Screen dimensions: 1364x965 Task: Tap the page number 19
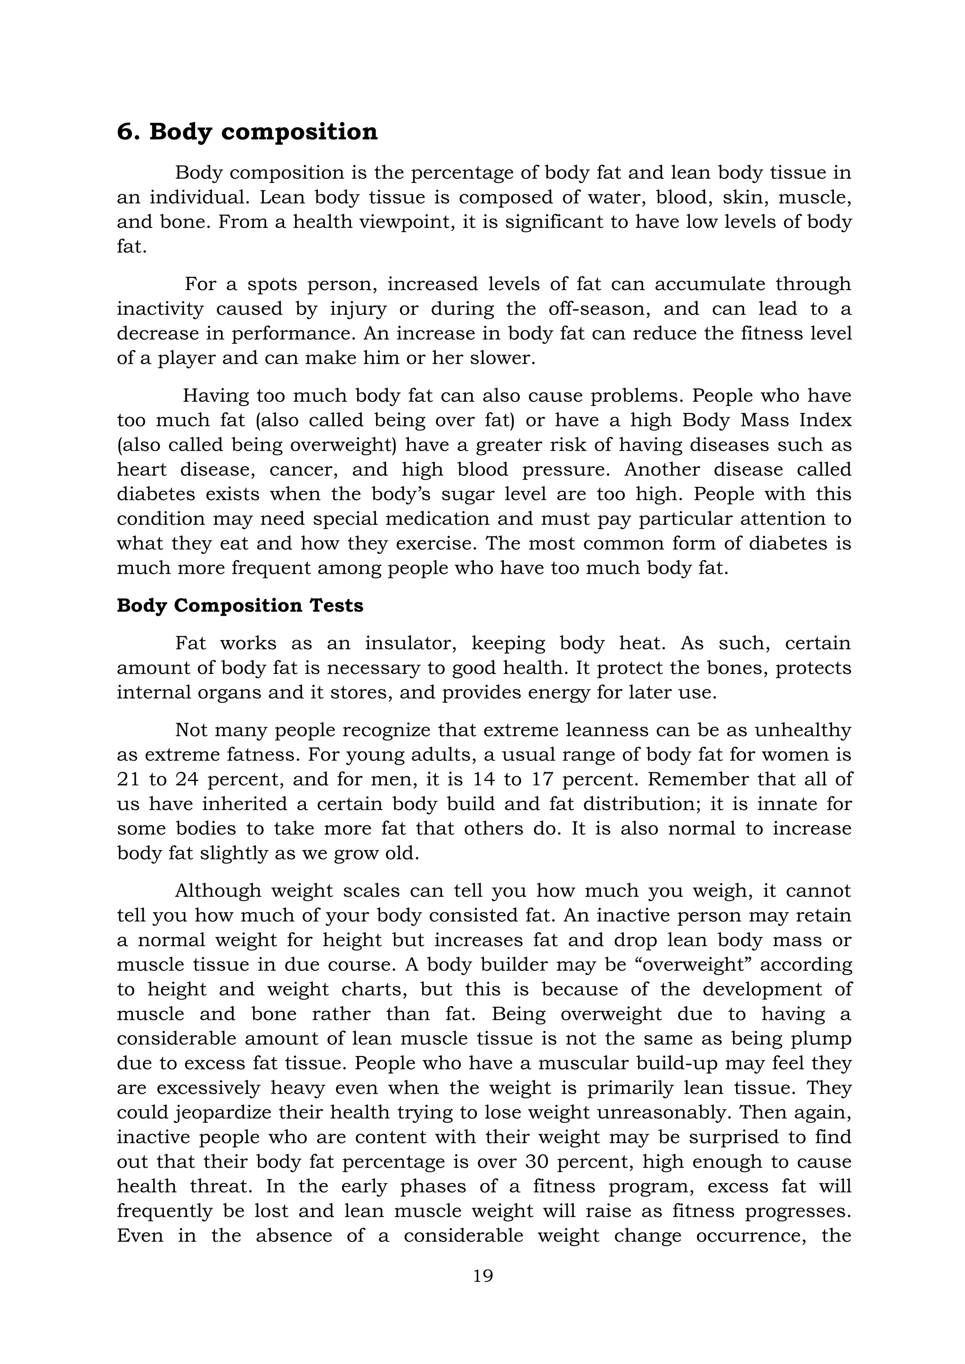pyautogui.click(x=483, y=1275)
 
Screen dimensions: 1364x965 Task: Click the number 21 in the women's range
pyautogui.click(x=128, y=779)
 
